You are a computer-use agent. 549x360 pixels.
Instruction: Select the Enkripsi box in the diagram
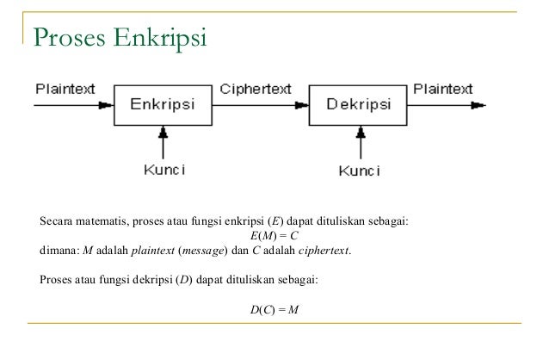coord(162,105)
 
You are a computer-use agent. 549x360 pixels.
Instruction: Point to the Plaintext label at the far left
coord(65,89)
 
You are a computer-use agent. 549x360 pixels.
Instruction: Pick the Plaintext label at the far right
coord(443,89)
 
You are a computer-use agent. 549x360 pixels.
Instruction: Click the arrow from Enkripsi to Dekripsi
coord(258,106)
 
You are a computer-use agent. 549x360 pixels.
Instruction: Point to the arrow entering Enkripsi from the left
coord(73,106)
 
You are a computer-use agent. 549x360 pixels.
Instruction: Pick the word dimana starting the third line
coord(59,251)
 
